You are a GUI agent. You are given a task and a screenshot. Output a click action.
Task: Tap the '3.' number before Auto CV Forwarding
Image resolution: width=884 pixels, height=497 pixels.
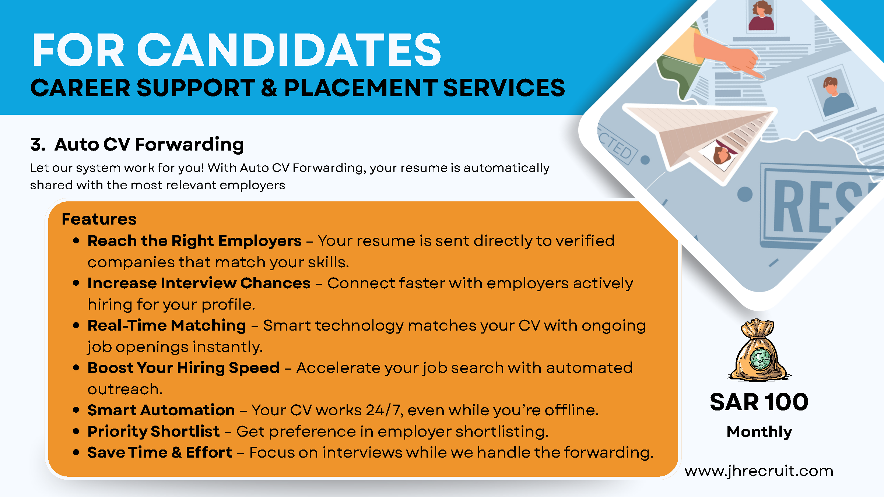[38, 144]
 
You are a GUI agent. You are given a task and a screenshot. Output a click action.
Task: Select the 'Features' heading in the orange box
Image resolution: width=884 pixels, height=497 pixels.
[99, 219]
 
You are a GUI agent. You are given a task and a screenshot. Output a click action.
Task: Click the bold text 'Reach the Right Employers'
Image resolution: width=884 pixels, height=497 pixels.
[194, 241]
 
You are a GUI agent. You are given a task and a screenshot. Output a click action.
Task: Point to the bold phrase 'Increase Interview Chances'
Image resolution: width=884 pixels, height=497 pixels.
[199, 283]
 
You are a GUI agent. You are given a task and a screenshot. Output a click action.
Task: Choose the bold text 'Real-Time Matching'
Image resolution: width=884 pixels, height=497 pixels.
[166, 325]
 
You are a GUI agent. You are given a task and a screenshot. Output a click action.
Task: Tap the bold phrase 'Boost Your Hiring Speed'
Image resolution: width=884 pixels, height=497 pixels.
[183, 368]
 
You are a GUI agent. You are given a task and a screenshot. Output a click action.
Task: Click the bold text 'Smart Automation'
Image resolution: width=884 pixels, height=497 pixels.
[161, 410]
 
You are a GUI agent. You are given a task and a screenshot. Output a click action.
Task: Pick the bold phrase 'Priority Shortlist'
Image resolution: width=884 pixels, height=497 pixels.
[154, 431]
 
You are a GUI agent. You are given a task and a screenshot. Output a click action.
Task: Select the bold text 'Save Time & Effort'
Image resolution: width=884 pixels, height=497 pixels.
[160, 452]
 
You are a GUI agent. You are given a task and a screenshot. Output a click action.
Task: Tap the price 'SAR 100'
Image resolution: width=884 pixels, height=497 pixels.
[759, 402]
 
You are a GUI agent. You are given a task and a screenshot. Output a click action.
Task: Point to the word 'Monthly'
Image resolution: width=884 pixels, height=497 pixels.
[759, 432]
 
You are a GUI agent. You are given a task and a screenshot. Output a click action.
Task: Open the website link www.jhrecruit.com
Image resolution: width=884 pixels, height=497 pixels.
[759, 471]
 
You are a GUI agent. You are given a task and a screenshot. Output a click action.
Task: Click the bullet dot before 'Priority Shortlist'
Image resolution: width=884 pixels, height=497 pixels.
[76, 431]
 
